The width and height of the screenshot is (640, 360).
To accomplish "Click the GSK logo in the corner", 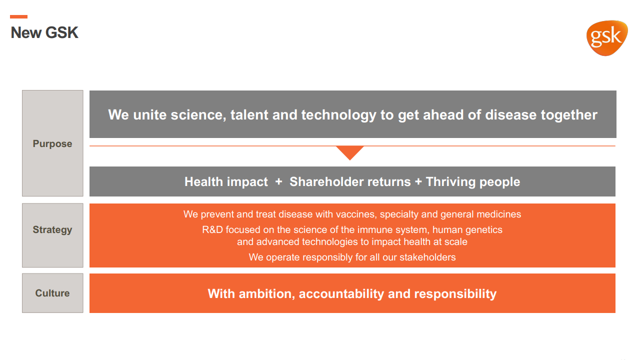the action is coord(607,38).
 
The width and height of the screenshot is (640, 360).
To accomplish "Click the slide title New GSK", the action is coord(44,32).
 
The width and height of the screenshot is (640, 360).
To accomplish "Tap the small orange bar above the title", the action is coord(18,16).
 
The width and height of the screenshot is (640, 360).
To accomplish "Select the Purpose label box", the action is coord(52,143).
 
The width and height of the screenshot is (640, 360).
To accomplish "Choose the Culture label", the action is coord(52,293).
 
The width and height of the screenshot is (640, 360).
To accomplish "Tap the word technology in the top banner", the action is coord(338,115).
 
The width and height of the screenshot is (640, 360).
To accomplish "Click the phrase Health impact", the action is coord(226,181).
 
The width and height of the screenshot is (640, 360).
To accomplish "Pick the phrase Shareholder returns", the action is coord(350,181).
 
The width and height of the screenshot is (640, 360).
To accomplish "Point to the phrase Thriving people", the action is coord(473,182).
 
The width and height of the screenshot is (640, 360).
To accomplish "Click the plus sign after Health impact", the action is coord(278,181).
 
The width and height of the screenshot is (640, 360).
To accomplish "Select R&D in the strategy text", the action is coord(212,229).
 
